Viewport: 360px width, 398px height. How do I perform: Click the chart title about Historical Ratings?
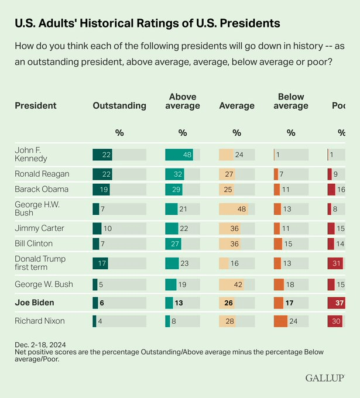pyautogui.click(x=147, y=23)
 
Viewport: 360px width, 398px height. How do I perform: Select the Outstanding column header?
pyautogui.click(x=119, y=106)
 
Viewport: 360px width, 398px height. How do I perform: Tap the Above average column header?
pyautogui.click(x=183, y=101)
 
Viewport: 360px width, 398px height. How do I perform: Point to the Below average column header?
pyautogui.click(x=291, y=101)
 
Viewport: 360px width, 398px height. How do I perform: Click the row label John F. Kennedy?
pyautogui.click(x=31, y=155)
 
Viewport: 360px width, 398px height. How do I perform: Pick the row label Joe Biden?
pyautogui.click(x=35, y=303)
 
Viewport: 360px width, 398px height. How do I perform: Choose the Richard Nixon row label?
pyautogui.click(x=39, y=321)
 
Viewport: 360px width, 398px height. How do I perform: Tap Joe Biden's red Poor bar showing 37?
pyautogui.click(x=336, y=303)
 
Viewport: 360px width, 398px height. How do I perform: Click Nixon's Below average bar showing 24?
pyautogui.click(x=280, y=321)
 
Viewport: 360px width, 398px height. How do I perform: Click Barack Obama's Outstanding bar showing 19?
pyautogui.click(x=101, y=189)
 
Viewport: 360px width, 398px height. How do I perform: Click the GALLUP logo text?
pyautogui.click(x=324, y=378)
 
